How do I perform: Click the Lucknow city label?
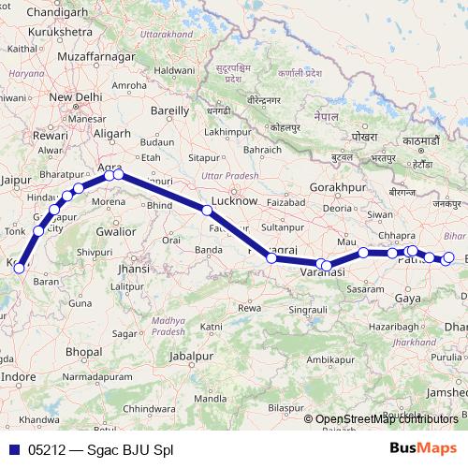(234, 200)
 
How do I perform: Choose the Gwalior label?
(116, 229)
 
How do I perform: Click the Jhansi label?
(135, 268)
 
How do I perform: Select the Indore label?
(21, 376)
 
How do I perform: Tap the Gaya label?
(408, 298)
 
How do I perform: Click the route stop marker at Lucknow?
(207, 211)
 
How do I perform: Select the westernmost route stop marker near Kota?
(19, 269)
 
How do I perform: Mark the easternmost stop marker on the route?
(448, 257)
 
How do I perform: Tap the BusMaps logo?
(422, 449)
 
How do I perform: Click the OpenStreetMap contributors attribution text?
(387, 419)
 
